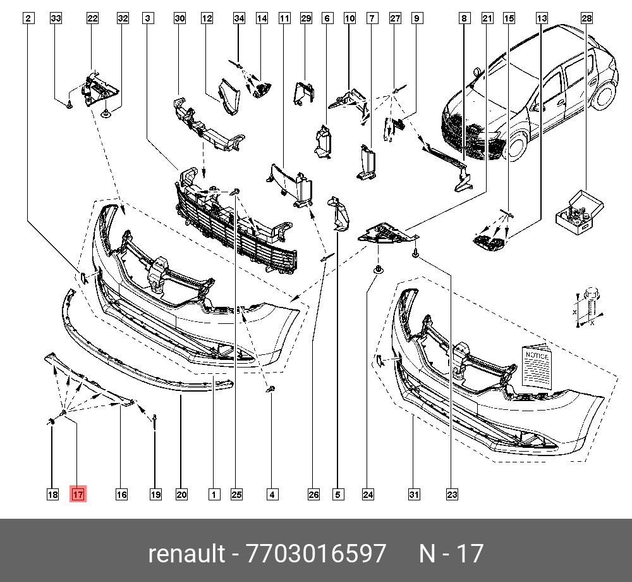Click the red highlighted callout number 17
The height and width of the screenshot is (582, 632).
pyautogui.click(x=78, y=494)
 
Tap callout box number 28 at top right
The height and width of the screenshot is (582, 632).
pyautogui.click(x=586, y=18)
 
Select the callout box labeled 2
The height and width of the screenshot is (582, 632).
pyautogui.click(x=28, y=18)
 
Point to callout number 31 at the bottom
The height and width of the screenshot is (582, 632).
pyautogui.click(x=414, y=495)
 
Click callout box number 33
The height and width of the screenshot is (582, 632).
pyautogui.click(x=56, y=18)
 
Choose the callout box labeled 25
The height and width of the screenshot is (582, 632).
pyautogui.click(x=236, y=495)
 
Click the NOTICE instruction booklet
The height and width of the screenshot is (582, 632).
pyautogui.click(x=537, y=366)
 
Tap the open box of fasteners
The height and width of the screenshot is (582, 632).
pyautogui.click(x=579, y=213)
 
